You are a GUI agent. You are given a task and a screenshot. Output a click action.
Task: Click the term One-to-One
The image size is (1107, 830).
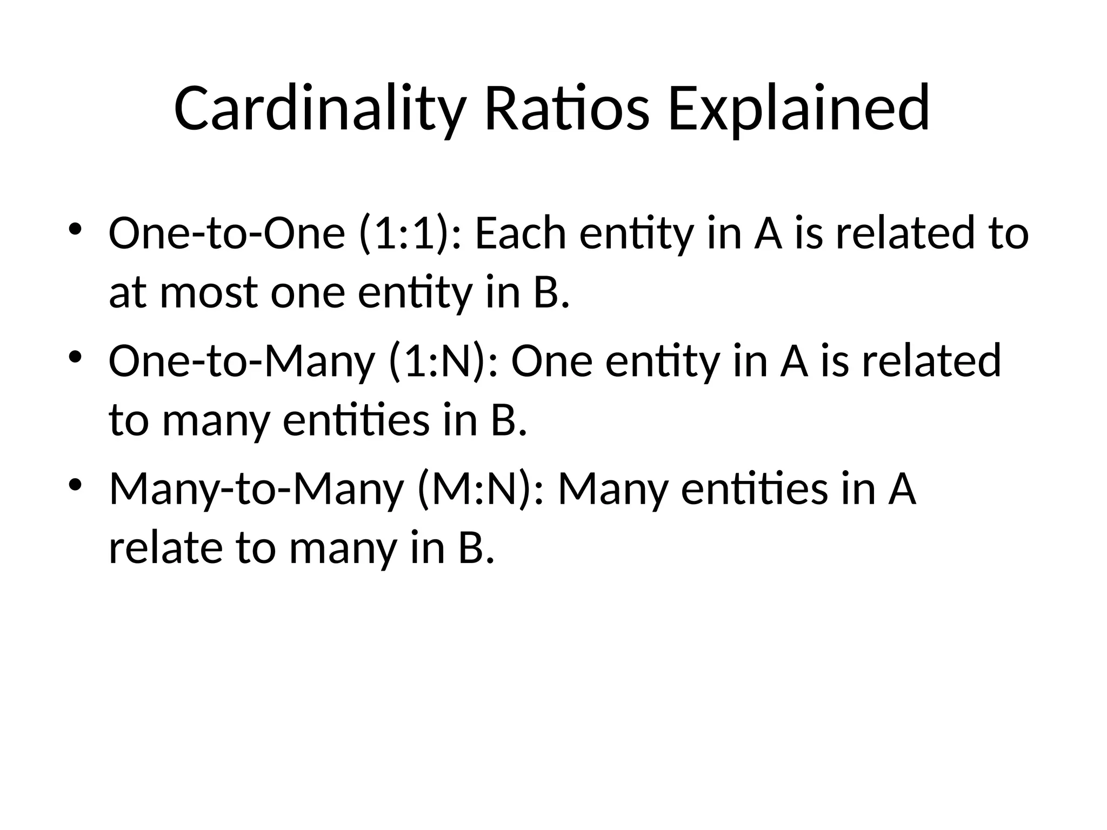coord(226,233)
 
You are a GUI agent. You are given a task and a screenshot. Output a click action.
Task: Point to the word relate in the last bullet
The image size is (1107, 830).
coord(165,548)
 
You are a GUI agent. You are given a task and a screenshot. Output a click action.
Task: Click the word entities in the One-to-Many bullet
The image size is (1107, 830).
coord(356,420)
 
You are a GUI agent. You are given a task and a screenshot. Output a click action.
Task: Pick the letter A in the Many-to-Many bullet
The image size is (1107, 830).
coord(902,489)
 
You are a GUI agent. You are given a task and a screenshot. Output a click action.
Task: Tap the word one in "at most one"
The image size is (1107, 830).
coord(308,293)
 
